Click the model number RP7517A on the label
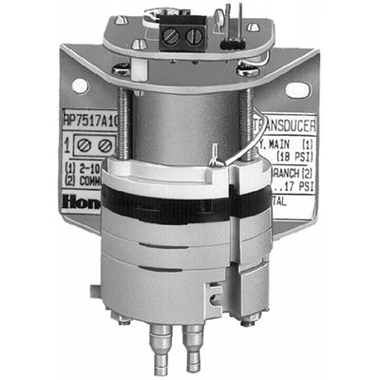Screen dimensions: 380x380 tap(89, 121)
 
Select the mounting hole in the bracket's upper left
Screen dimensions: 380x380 tap(80, 86)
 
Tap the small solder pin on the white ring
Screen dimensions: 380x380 tap(218, 151)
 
